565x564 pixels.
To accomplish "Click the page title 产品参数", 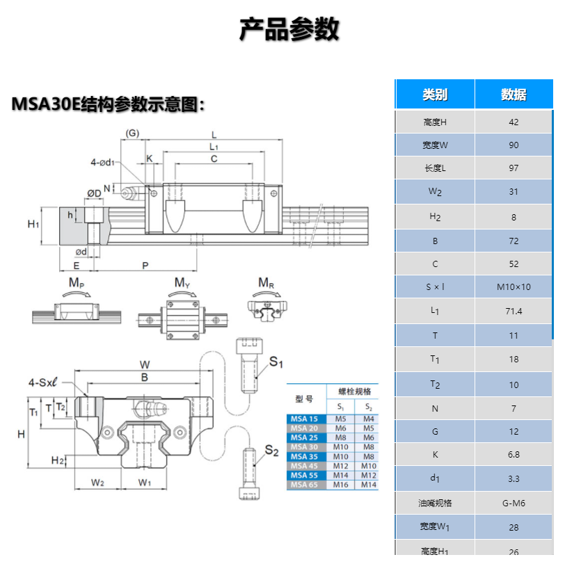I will click(x=289, y=30).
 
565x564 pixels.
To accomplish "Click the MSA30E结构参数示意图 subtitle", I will click(x=109, y=104).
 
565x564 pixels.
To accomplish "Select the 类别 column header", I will click(x=435, y=95).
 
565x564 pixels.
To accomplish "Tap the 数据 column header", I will click(x=514, y=95).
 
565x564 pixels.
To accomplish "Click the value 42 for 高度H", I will click(x=514, y=122).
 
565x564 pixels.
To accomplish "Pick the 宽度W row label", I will click(x=435, y=146).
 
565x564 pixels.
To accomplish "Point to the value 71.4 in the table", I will click(x=514, y=312).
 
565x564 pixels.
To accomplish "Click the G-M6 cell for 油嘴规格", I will click(x=514, y=503).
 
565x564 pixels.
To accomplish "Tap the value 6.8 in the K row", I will click(x=514, y=454).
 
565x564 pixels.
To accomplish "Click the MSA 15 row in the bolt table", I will click(x=304, y=419).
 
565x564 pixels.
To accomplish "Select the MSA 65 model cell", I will click(x=304, y=485).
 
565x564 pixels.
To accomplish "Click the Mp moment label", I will click(x=76, y=283).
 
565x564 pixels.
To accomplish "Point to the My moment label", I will click(x=182, y=283).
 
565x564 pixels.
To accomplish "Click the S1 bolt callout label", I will click(x=276, y=362).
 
